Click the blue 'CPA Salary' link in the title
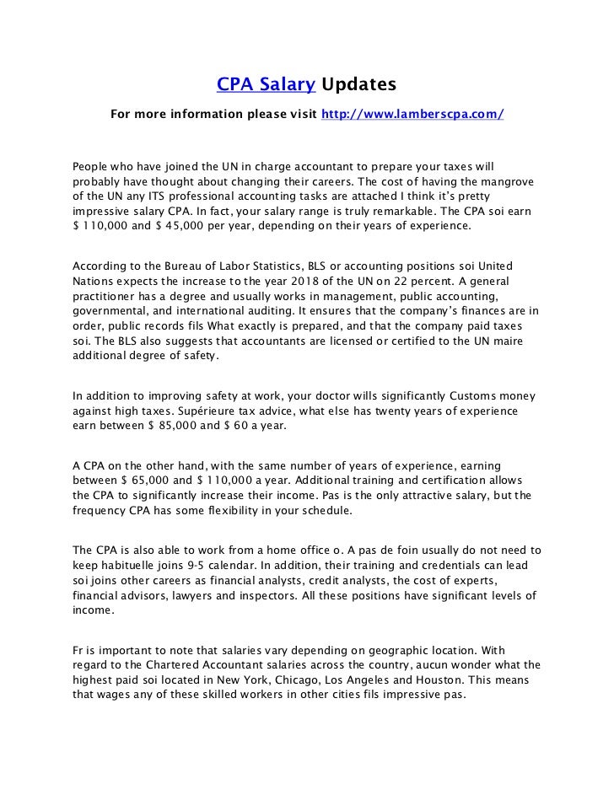267,84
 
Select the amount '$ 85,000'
169,427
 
